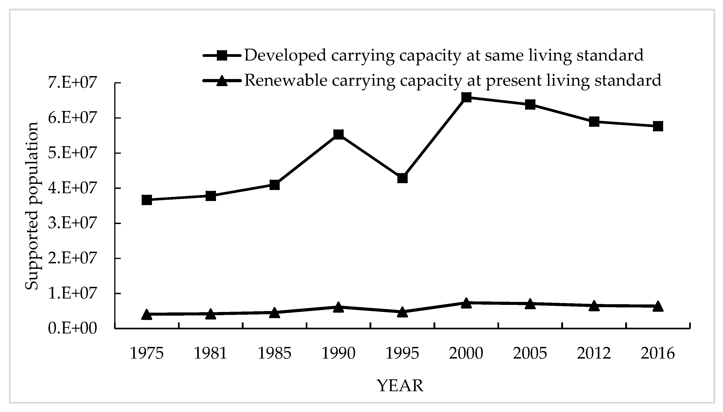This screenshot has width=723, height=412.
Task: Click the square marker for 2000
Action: click(x=466, y=98)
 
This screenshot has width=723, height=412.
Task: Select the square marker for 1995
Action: click(x=402, y=178)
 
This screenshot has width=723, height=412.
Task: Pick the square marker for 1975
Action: click(x=147, y=200)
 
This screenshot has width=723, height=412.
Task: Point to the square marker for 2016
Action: click(x=658, y=126)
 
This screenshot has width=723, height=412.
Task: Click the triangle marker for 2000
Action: click(x=466, y=303)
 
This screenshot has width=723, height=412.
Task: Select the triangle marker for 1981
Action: click(x=211, y=314)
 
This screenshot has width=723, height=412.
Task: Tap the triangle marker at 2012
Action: click(x=594, y=306)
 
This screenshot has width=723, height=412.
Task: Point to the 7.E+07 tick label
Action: click(x=72, y=83)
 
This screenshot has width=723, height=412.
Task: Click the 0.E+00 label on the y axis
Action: click(x=72, y=328)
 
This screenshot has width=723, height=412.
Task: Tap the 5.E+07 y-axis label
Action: click(x=72, y=153)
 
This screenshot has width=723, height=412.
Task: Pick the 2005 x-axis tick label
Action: click(x=530, y=354)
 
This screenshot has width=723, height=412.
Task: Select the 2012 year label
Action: click(x=594, y=354)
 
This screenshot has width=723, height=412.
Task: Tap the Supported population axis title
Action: click(x=32, y=206)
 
